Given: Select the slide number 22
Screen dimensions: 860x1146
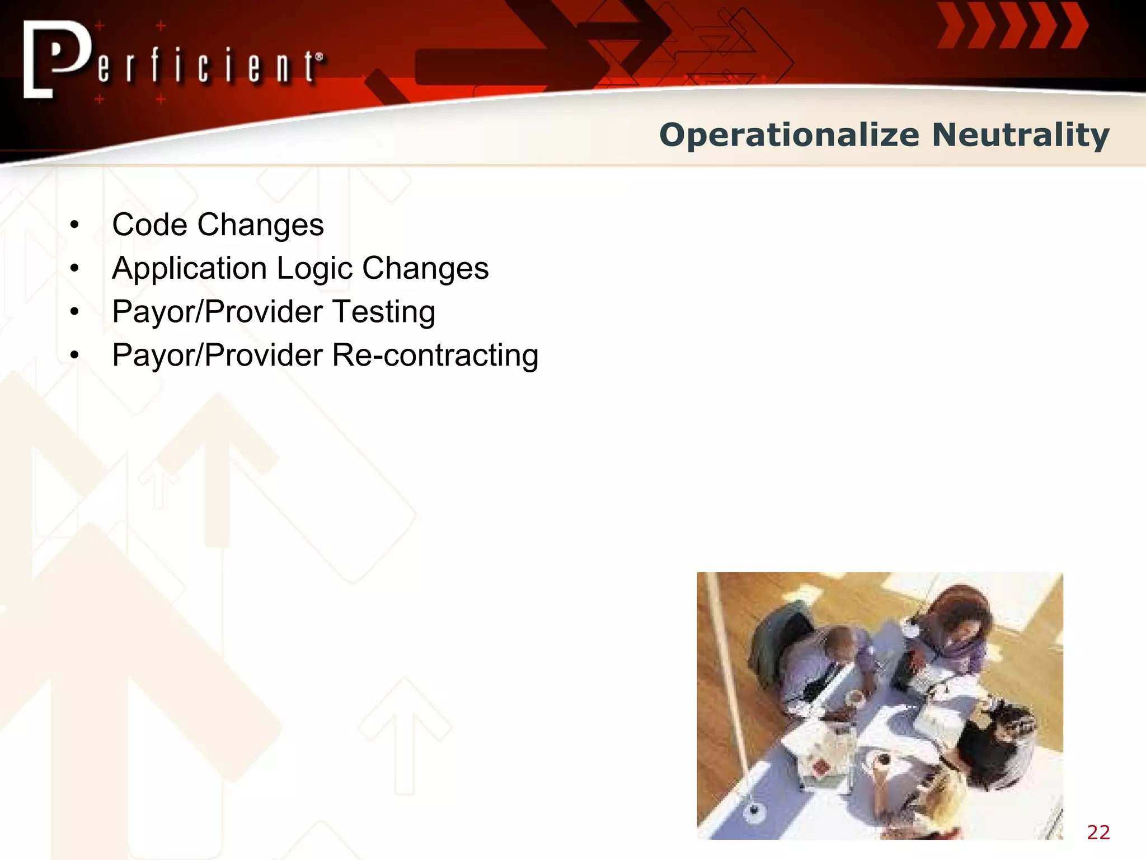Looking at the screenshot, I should click(1098, 833).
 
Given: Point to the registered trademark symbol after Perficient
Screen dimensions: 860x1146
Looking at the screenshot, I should click(320, 57).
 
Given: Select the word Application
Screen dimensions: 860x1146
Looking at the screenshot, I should click(189, 269).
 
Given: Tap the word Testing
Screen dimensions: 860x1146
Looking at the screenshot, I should click(383, 312).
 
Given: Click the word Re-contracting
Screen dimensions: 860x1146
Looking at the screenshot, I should click(435, 356).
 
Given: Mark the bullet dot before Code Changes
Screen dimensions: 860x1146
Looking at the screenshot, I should click(75, 226).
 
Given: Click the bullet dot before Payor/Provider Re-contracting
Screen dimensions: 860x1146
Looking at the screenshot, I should click(75, 356).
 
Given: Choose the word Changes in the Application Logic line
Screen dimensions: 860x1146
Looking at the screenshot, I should click(425, 269).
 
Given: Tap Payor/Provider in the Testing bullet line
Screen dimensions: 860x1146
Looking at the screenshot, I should click(218, 312).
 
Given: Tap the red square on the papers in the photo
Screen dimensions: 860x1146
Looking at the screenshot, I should click(820, 766).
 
